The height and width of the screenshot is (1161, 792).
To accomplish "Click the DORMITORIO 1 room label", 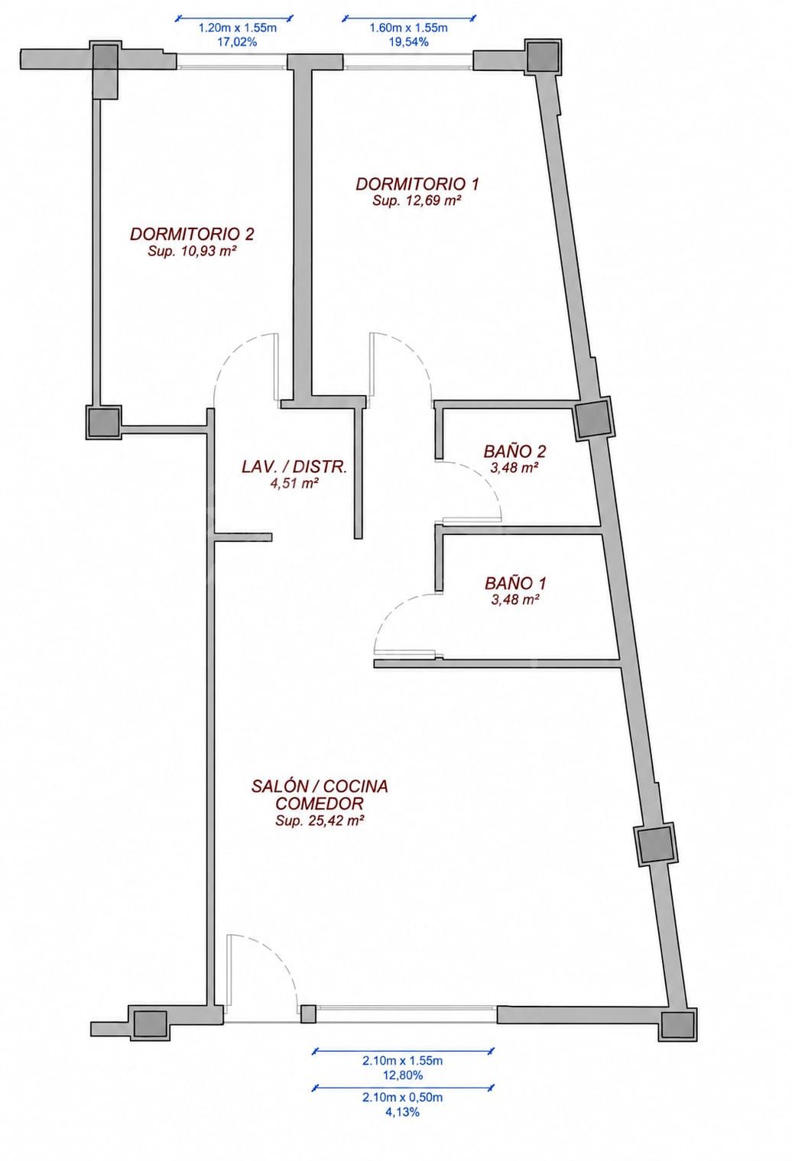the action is (x=417, y=184).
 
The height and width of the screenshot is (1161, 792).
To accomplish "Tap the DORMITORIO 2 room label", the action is (x=192, y=235).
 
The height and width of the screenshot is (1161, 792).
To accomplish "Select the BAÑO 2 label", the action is (x=514, y=452).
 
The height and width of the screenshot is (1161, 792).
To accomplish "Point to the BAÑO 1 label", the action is (x=515, y=584).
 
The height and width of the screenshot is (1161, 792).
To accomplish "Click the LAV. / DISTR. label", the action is (x=294, y=467).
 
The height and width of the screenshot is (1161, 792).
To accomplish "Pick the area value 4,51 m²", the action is (x=294, y=484).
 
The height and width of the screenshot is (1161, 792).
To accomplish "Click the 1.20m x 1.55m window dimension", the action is (x=238, y=28).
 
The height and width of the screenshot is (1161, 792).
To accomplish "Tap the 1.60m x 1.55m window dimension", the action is (x=408, y=28).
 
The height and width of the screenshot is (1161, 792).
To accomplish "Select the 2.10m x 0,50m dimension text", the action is (x=403, y=1098).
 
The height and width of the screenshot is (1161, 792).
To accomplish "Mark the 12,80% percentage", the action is (x=403, y=1075).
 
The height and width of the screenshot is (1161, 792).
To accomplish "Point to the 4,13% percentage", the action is (x=402, y=1112).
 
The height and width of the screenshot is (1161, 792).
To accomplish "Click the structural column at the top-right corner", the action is (x=544, y=57).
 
